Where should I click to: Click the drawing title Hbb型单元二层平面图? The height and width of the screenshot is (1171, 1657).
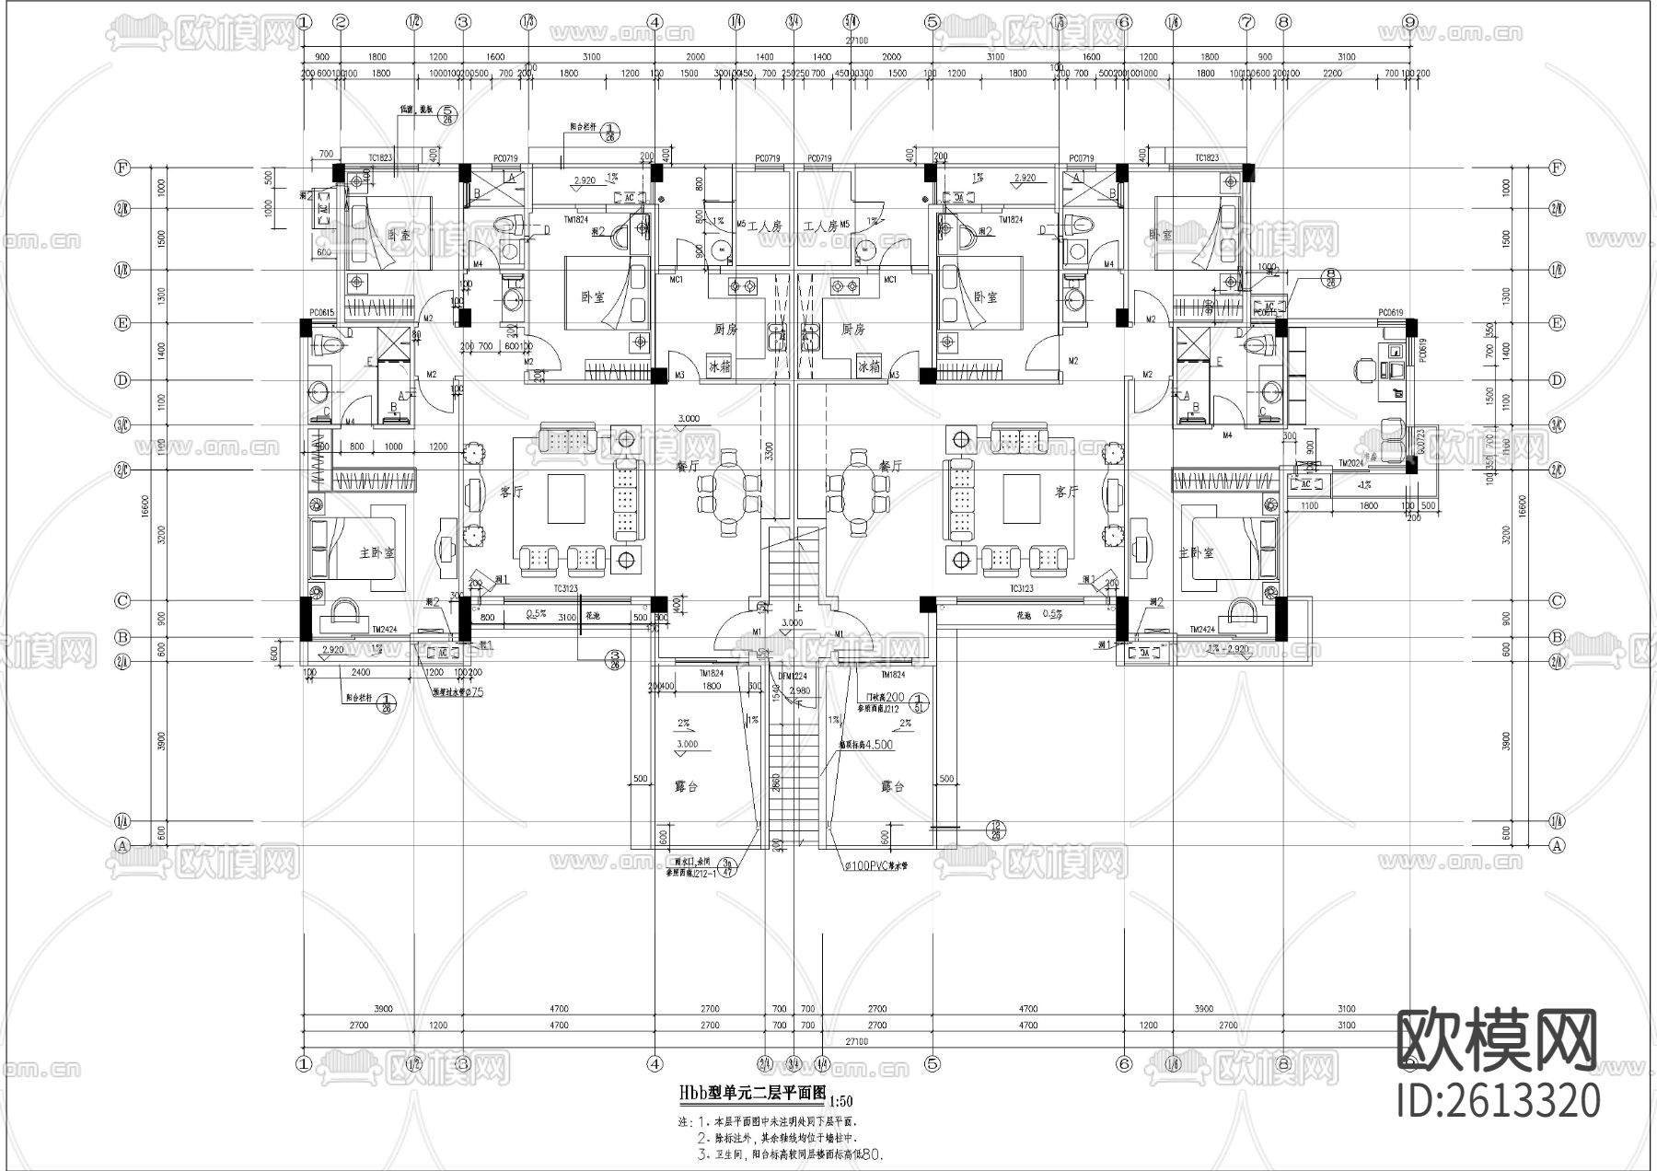pyautogui.click(x=752, y=1093)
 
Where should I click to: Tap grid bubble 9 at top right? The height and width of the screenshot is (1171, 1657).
pyautogui.click(x=1409, y=22)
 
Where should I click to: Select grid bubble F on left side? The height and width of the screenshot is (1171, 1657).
pyautogui.click(x=121, y=168)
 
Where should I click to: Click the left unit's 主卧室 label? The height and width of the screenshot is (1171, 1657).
pyautogui.click(x=377, y=553)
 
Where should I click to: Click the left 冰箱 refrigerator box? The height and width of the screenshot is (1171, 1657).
pyautogui.click(x=719, y=366)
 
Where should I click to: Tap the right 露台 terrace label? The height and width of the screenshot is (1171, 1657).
pyautogui.click(x=892, y=787)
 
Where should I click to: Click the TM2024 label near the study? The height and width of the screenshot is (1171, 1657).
pyautogui.click(x=1350, y=463)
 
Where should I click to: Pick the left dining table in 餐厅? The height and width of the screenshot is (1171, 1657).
pyautogui.click(x=729, y=481)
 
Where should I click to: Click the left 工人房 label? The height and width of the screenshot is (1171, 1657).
pyautogui.click(x=764, y=226)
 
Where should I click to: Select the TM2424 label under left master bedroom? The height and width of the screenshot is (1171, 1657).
pyautogui.click(x=384, y=630)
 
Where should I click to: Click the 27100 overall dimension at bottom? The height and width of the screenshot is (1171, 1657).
pyautogui.click(x=856, y=1040)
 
